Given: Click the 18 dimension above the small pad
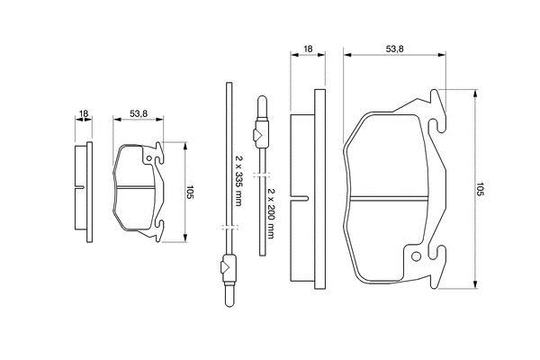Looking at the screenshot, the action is point(84,113).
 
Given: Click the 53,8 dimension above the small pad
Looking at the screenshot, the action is point(139,113).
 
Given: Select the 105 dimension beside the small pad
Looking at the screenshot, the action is point(190,192).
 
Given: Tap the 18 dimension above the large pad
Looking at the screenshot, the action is point(308,49).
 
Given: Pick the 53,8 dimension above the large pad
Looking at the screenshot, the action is point(394,49).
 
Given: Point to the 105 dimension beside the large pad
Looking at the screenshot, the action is point(480,189).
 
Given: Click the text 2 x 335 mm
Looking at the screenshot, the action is point(238,180).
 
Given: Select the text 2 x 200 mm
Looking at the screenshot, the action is point(271,213).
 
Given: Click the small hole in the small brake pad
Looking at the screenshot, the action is point(148,158).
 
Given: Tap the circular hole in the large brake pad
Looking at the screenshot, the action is point(416,256).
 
